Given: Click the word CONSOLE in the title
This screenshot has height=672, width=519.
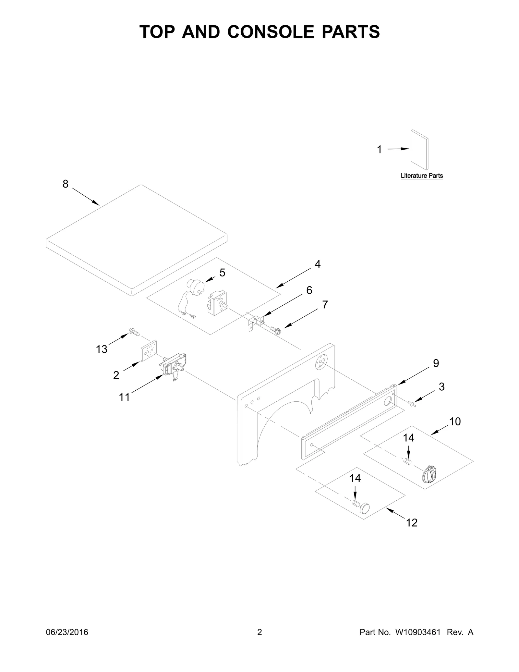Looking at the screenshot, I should (x=271, y=32).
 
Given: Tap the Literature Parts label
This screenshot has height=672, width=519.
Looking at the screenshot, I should (x=421, y=176).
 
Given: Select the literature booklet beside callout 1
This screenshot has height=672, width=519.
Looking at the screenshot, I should (x=419, y=150).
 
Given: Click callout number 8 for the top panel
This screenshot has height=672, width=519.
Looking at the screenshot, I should (x=66, y=184).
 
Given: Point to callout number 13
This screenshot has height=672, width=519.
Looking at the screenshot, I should (x=102, y=349).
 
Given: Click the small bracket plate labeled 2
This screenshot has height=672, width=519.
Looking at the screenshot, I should (x=148, y=351).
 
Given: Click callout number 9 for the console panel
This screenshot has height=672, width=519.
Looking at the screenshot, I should (x=436, y=363).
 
